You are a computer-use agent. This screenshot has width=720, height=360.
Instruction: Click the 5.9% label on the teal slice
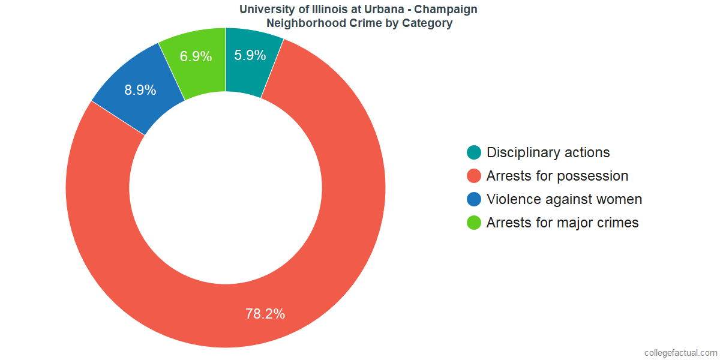[250, 56]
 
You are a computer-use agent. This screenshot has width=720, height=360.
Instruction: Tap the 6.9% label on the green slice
[196, 56]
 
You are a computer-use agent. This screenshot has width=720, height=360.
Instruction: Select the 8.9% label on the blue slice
[140, 90]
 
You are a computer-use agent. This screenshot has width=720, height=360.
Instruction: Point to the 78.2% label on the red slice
[265, 313]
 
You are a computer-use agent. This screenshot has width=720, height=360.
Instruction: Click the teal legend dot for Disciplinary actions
[474, 152]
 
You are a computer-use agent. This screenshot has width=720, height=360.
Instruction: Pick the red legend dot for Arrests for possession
[474, 176]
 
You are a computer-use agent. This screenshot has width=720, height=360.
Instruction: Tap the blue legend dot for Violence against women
[474, 199]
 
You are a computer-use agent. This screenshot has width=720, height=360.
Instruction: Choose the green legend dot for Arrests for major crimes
[474, 223]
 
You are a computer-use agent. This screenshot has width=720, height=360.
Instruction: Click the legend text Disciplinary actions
[548, 152]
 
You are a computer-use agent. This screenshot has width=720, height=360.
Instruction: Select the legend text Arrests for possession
[557, 176]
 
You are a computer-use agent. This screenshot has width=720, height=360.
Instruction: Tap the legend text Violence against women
[564, 199]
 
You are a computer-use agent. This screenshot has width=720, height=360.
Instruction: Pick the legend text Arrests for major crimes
[562, 223]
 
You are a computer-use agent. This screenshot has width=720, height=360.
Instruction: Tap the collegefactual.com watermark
[680, 353]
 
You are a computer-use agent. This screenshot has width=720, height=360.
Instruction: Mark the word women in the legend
[621, 199]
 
